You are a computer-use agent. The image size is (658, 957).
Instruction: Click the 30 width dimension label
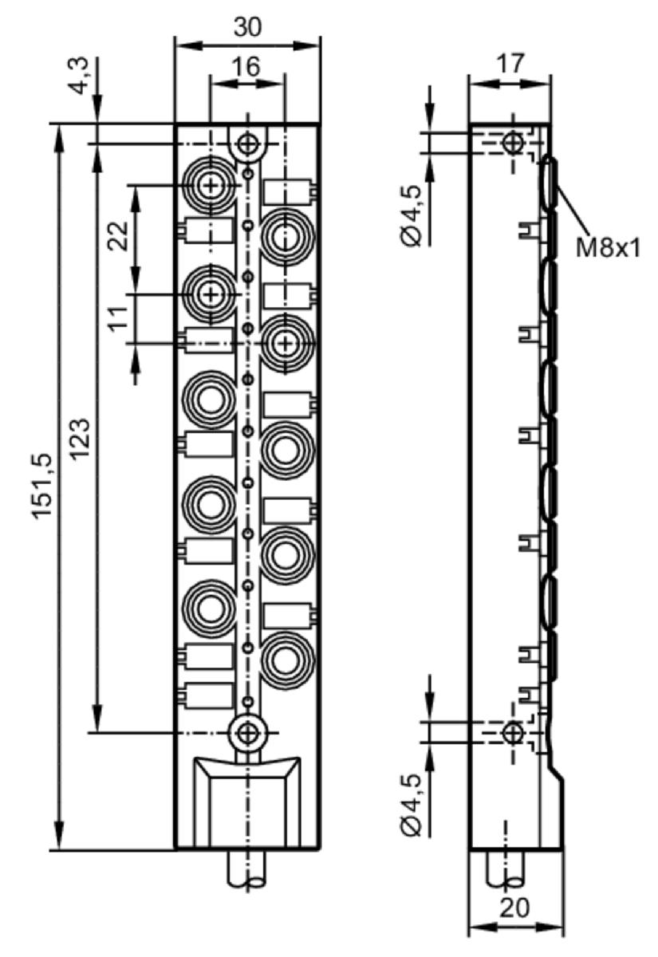point(247,27)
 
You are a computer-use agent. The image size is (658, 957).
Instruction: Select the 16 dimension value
point(247,67)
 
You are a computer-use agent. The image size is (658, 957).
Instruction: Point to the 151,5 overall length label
point(43,486)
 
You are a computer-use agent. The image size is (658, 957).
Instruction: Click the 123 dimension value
point(80,439)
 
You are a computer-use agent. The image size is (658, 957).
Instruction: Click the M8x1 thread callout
point(608,248)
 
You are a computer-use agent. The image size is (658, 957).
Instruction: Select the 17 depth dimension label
point(510,63)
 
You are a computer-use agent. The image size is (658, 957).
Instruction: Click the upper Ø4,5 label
point(412,216)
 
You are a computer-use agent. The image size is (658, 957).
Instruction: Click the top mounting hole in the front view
point(247,144)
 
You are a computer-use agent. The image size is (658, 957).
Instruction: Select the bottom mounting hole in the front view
point(247,732)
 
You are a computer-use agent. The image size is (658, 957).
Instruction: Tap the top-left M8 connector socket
point(210,185)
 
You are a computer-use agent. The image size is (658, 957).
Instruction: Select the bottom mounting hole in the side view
point(513,732)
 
